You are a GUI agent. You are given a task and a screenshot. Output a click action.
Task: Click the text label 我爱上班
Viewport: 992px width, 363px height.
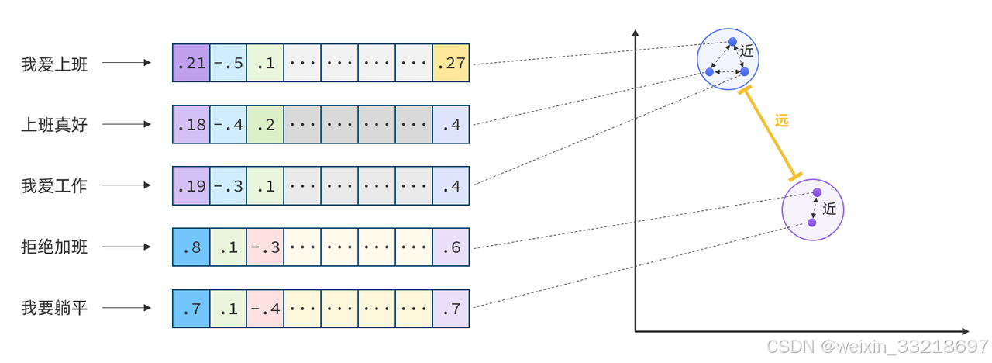pos(54,64)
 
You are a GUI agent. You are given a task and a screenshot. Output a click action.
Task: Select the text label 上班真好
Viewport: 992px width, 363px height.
pos(54,124)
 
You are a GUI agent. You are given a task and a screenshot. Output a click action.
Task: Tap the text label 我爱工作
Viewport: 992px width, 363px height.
pos(54,185)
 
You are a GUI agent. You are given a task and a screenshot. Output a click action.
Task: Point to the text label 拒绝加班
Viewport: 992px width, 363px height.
pos(54,247)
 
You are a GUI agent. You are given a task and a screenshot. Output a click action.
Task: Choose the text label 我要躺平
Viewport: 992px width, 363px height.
pos(54,309)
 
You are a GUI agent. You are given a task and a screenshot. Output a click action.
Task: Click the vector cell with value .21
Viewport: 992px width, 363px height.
pos(191,64)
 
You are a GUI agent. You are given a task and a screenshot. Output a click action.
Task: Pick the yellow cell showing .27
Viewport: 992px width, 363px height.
pos(451,64)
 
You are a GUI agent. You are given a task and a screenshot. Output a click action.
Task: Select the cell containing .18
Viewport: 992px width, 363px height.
pos(191,124)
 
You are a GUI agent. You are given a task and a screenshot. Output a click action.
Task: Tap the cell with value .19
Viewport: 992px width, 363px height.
pos(191,185)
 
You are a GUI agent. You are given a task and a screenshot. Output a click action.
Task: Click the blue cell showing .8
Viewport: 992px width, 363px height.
pos(191,247)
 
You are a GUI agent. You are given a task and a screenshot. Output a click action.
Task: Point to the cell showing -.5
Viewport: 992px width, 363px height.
pos(228,64)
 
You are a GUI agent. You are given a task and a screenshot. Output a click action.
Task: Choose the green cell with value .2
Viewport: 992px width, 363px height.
pos(265,124)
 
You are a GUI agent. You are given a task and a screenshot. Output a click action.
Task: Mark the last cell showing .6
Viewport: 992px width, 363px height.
pos(451,247)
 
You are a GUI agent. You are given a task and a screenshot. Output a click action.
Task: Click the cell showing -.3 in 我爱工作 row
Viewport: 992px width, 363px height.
pos(228,185)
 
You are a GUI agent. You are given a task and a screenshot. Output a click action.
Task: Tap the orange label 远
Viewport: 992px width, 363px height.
pos(781,120)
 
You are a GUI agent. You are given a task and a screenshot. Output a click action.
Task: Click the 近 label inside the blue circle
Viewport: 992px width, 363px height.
pos(746,50)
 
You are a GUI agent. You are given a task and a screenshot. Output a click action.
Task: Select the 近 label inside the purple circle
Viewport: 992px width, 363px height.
pos(829,209)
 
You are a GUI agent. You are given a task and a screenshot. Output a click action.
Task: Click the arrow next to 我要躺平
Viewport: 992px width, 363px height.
pos(126,309)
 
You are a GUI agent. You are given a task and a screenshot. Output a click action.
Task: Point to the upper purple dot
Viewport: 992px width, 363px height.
pos(816,192)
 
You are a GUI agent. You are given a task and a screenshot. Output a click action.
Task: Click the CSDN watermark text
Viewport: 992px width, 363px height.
pos(876,346)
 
